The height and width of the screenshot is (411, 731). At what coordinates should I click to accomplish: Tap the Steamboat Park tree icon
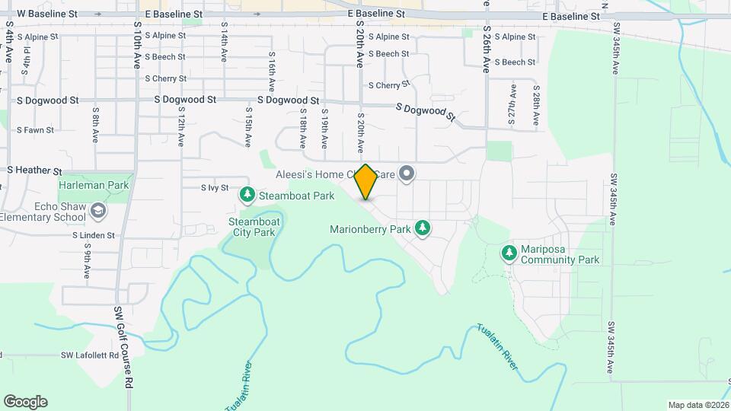click(x=247, y=196)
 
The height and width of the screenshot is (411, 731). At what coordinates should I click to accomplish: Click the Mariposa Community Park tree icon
click(x=509, y=252)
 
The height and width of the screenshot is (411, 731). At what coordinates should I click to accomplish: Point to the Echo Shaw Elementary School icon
click(x=97, y=210)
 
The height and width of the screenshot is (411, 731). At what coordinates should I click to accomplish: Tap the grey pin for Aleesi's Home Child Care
click(x=407, y=174)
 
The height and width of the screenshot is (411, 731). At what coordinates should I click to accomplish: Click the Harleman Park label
click(x=94, y=185)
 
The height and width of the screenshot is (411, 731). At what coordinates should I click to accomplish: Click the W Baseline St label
click(x=47, y=14)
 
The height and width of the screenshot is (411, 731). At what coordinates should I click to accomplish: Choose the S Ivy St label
click(x=215, y=187)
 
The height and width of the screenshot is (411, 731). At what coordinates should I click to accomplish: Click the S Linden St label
click(x=94, y=236)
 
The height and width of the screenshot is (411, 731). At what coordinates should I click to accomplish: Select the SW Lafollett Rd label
click(x=91, y=355)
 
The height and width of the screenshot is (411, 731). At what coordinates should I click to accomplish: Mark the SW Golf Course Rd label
click(x=123, y=346)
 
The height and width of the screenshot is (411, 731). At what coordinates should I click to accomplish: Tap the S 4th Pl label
click(x=27, y=59)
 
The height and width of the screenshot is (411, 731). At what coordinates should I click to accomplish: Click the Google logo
click(x=25, y=402)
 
